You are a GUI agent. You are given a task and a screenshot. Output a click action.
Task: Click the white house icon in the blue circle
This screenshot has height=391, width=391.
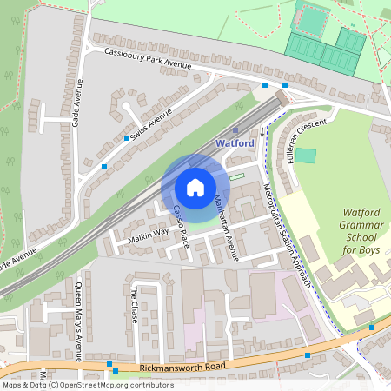pos(195,187)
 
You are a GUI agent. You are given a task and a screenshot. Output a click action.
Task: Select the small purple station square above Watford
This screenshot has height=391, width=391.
pos(223,129)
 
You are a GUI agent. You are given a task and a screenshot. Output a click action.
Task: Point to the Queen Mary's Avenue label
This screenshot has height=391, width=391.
pos(77,321)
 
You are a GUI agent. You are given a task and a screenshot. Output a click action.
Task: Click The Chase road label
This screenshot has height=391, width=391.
pos(134,305)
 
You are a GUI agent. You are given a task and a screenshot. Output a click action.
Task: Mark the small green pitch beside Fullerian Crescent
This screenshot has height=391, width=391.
pos(307,156)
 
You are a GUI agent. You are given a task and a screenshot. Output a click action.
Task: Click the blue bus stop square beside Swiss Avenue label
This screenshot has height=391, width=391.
pos(128,138)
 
